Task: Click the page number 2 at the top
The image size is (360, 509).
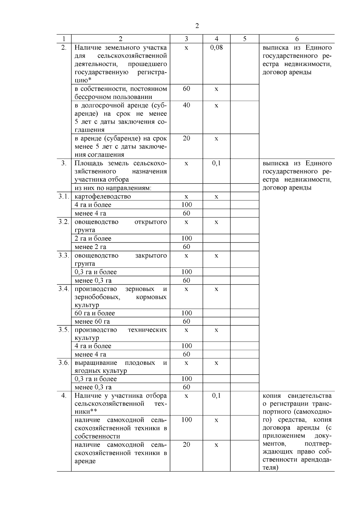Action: coord(197,26)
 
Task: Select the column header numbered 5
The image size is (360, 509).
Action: coord(244,39)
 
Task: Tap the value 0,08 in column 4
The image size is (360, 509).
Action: coord(216,47)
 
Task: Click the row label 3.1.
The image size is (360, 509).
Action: coord(64,196)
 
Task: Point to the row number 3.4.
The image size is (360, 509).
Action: coord(64,289)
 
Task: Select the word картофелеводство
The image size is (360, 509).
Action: coord(103,196)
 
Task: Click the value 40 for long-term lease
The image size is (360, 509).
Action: coord(186,105)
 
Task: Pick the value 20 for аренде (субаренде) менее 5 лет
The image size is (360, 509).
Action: coord(186,138)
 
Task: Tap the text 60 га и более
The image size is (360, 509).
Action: coord(94,313)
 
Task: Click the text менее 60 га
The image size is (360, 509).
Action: coord(92,322)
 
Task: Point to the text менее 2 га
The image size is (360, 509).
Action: coord(90,247)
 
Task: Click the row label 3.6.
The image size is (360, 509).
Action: coord(64,363)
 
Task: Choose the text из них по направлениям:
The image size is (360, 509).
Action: coord(113,188)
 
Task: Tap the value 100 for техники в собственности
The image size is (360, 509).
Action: coord(186,420)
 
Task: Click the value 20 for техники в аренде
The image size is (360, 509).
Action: coord(186,445)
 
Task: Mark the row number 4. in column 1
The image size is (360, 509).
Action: coord(64,396)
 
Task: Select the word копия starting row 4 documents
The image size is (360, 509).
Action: coord(271,396)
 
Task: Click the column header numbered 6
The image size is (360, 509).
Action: coord(297,39)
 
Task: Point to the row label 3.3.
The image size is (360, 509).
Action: coord(64,256)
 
